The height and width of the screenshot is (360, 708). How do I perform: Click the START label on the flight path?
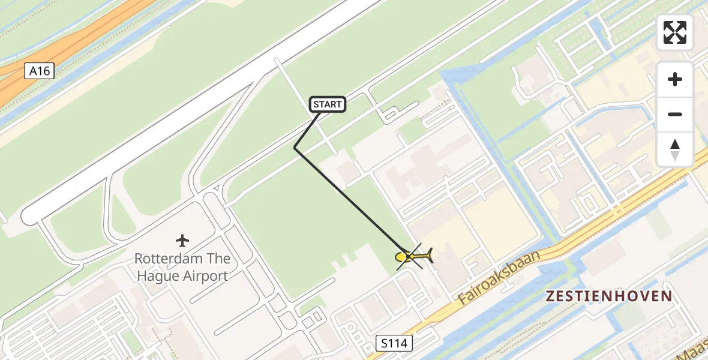point(327,104)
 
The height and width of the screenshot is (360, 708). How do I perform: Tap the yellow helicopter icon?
point(413,257)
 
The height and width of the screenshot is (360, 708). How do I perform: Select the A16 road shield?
point(40,71)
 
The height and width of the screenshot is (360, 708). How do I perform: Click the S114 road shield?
point(394,343)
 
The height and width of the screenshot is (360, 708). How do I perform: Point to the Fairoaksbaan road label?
point(499,277)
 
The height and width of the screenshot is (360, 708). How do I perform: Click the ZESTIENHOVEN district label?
point(608,296)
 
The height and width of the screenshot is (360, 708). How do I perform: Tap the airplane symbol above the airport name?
point(182,241)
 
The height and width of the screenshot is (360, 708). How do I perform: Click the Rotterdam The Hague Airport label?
point(182,268)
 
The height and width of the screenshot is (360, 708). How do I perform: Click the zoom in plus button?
point(675,79)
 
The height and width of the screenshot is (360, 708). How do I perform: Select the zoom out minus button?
point(675,114)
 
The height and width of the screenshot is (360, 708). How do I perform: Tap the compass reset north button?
point(675,149)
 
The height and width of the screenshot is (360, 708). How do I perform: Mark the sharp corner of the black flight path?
point(295,147)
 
